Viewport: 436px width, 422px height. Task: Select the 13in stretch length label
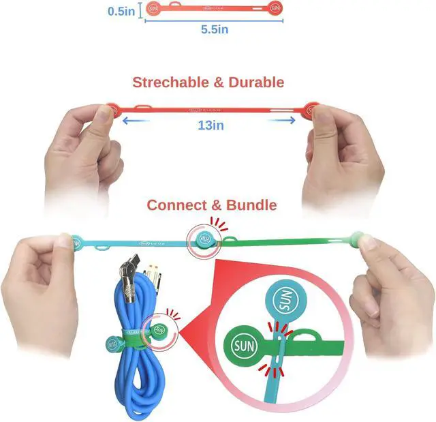[x=211, y=125]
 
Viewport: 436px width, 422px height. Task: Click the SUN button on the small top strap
[x=275, y=8]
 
